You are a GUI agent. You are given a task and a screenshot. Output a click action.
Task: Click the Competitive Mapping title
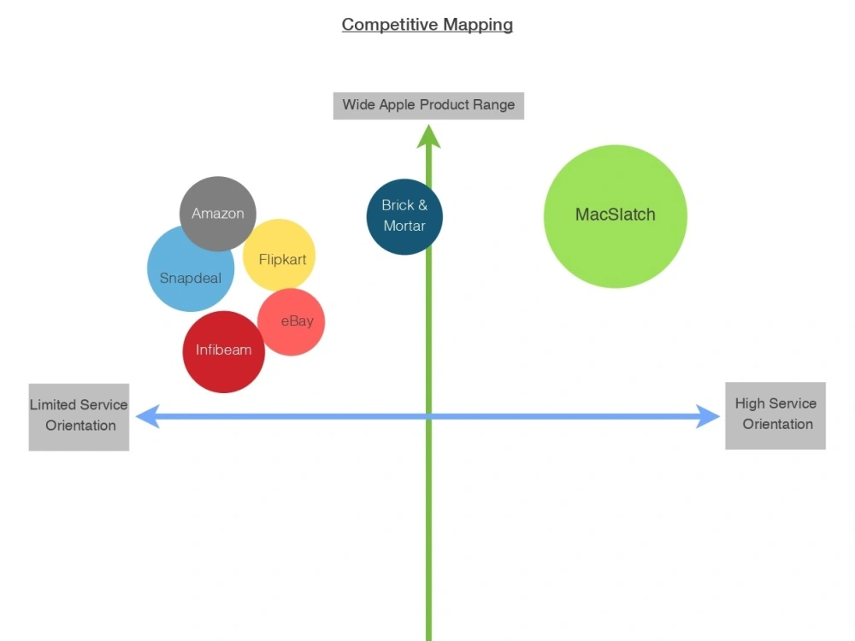[x=427, y=25]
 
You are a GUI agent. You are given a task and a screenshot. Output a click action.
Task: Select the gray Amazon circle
[x=217, y=214]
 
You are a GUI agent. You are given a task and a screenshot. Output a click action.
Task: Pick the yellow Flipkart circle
[x=280, y=255]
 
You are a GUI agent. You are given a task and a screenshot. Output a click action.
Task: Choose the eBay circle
[x=292, y=322]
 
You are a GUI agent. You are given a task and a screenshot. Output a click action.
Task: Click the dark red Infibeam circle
[x=223, y=351]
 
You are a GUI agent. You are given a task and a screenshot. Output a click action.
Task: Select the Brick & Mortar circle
[x=404, y=216]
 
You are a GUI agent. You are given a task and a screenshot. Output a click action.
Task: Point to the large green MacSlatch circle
[x=615, y=216]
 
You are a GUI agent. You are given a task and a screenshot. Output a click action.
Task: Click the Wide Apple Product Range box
[x=428, y=106]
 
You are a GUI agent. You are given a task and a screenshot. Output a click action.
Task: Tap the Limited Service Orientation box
[x=79, y=417]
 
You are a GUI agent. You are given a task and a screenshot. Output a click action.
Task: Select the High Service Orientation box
[x=775, y=416]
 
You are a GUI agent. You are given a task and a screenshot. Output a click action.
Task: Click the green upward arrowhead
[x=428, y=136]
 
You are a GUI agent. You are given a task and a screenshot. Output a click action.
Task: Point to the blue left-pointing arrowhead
[x=147, y=416]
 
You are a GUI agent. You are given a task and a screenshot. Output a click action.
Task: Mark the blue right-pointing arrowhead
[x=708, y=416]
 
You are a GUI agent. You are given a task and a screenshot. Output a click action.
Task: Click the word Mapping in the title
[x=478, y=25]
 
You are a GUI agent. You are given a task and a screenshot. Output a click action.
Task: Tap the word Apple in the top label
[x=397, y=104]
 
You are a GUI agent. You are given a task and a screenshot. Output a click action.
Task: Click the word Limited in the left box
[x=52, y=404]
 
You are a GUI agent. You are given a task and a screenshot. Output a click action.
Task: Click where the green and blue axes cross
[x=428, y=416]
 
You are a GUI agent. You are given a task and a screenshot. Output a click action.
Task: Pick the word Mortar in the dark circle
[x=404, y=226]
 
